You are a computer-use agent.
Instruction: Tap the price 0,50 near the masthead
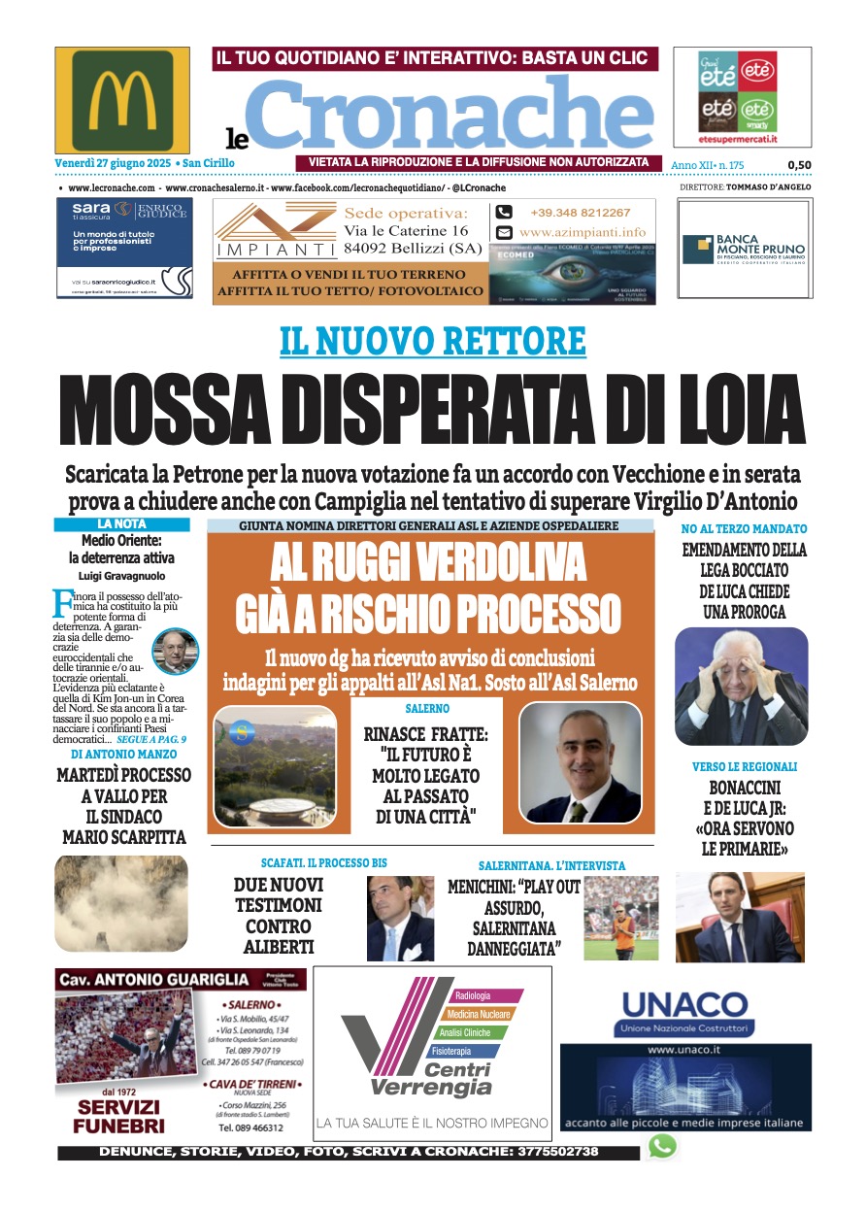(799, 166)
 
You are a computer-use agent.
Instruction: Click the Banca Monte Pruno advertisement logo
(744, 249)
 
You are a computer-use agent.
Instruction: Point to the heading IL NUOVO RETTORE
(433, 342)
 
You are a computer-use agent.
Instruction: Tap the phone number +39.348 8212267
(580, 213)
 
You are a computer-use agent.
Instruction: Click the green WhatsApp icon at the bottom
(662, 1146)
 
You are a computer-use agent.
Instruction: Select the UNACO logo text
(684, 1004)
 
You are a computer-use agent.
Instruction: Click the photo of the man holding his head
(742, 686)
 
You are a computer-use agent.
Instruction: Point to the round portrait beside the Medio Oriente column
(176, 652)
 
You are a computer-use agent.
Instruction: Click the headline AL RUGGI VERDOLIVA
(428, 563)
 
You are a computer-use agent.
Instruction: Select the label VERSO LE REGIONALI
(743, 766)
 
